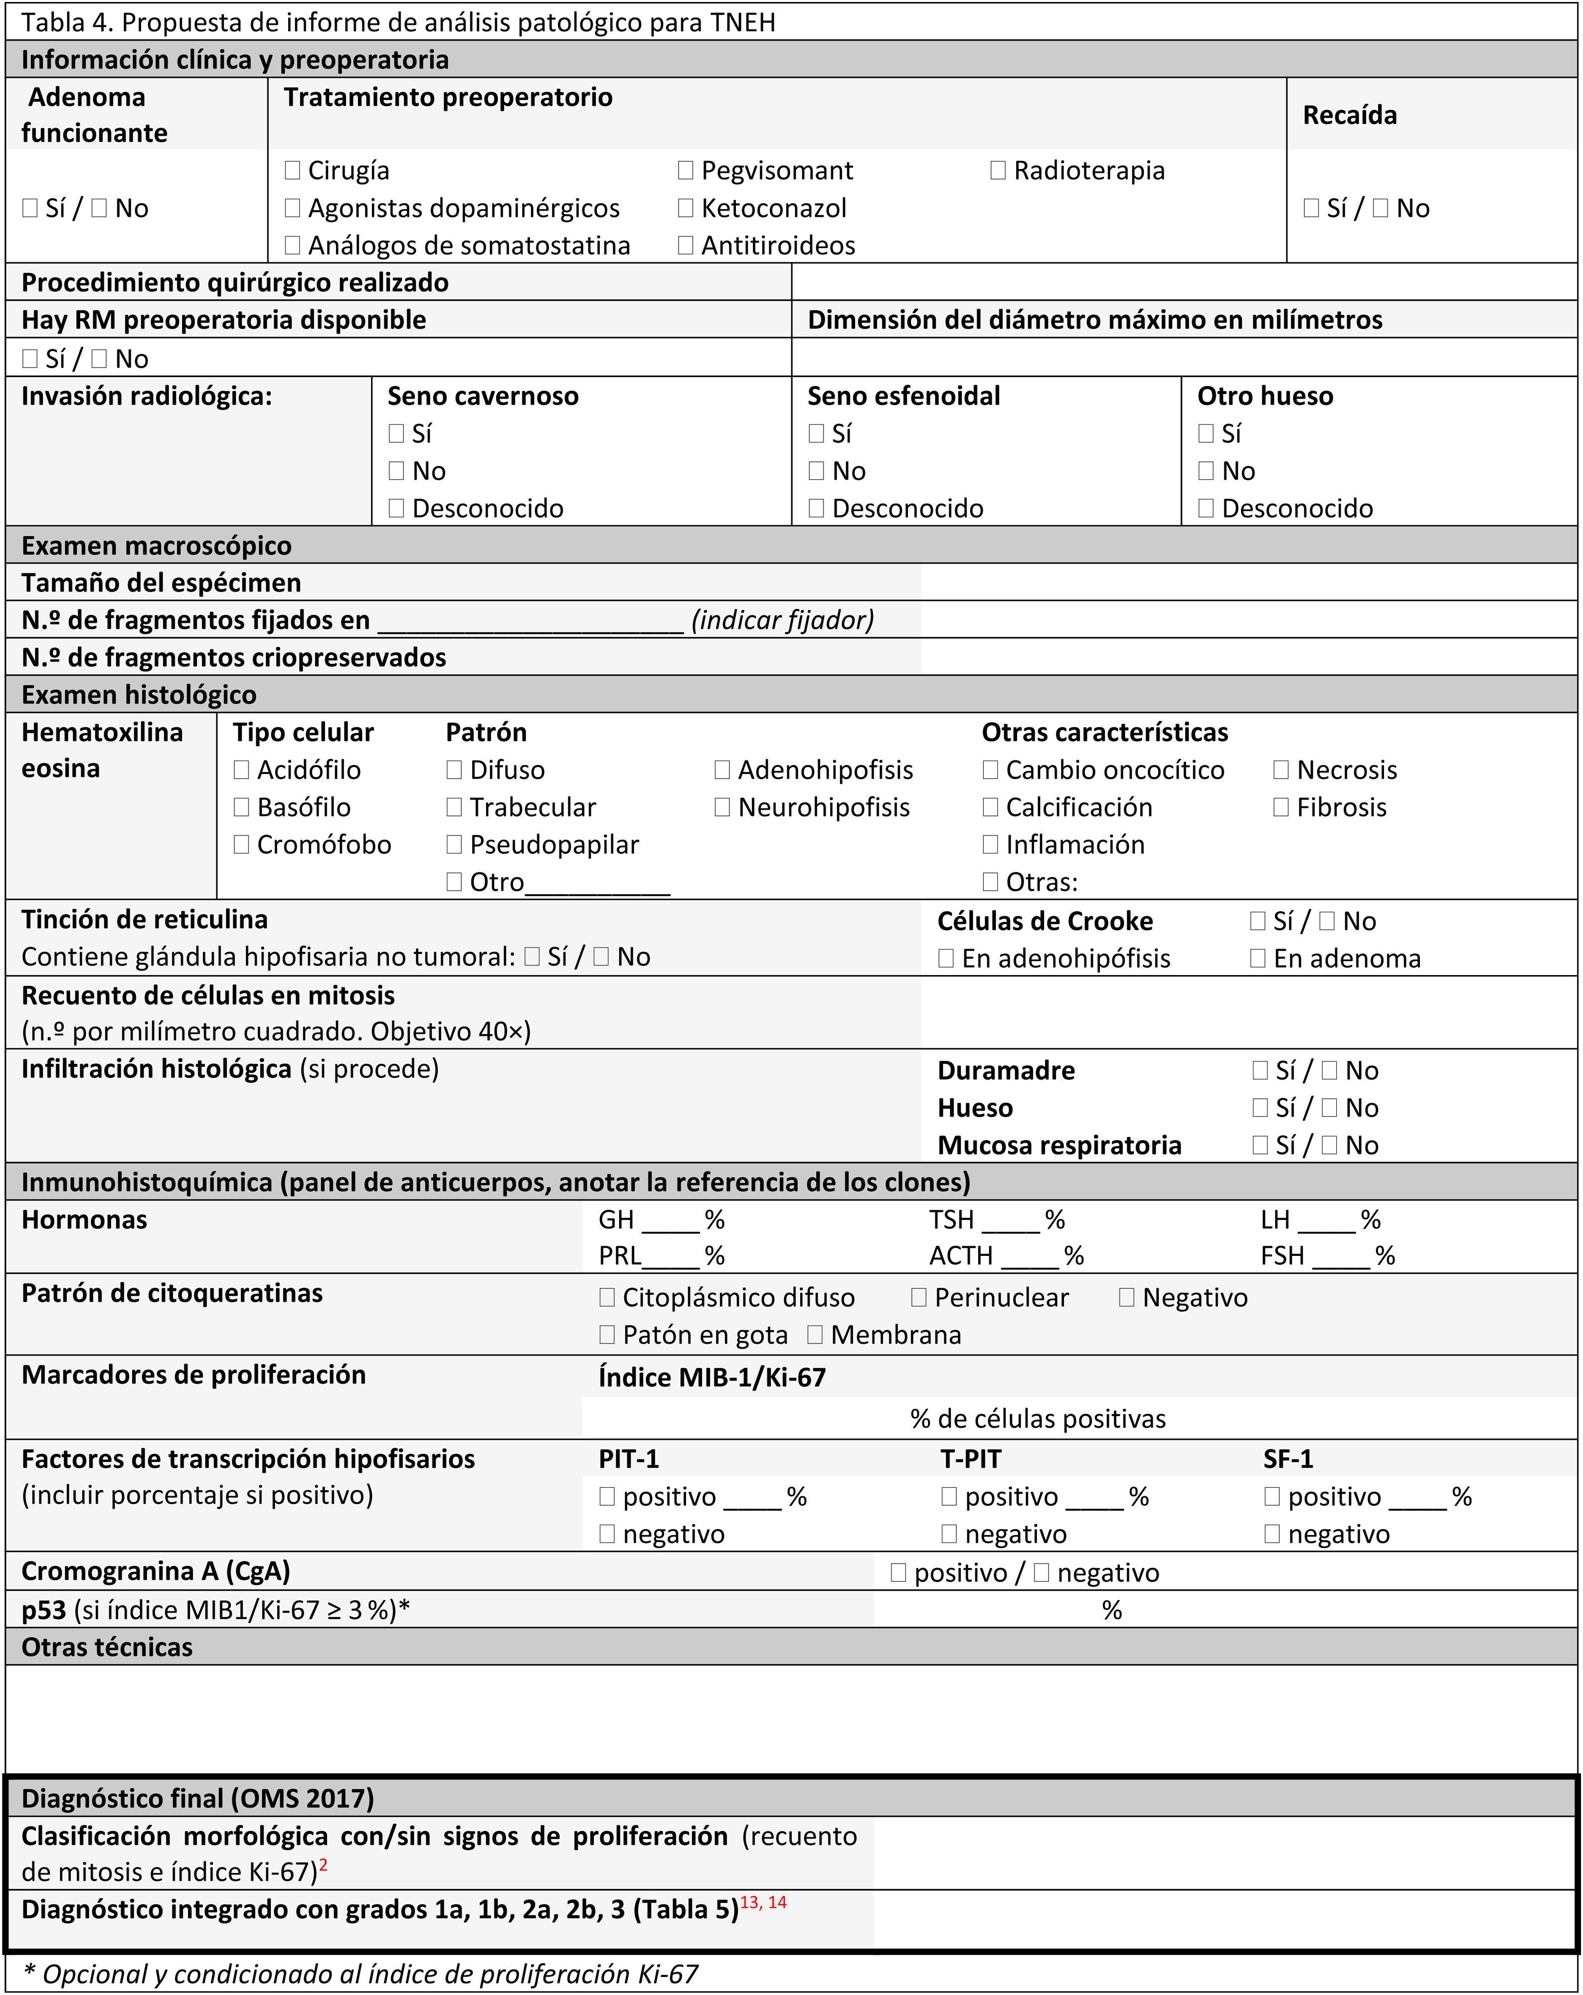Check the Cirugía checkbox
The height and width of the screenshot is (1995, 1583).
click(x=292, y=170)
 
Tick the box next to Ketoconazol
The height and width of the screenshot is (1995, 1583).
click(x=686, y=208)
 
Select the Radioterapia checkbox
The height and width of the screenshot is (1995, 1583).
click(x=997, y=170)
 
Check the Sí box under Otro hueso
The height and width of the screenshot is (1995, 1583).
click(x=1206, y=433)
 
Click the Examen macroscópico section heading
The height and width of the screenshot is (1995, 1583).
click(x=157, y=545)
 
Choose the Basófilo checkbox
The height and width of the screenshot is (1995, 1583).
click(x=241, y=807)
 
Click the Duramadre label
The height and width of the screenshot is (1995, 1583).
click(x=1006, y=1071)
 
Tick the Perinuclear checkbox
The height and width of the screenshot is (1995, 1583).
click(x=919, y=1297)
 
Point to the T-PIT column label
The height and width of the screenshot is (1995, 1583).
click(x=971, y=1459)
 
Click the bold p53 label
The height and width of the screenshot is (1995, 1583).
click(x=43, y=1610)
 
